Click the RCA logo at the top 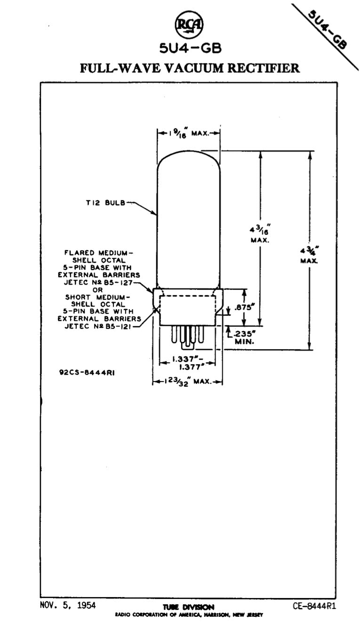(x=189, y=25)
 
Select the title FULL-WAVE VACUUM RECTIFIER (x=190, y=68)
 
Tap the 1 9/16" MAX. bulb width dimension (x=188, y=133)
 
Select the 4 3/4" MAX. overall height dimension (x=309, y=254)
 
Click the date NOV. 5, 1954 (x=68, y=605)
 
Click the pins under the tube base (x=188, y=336)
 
